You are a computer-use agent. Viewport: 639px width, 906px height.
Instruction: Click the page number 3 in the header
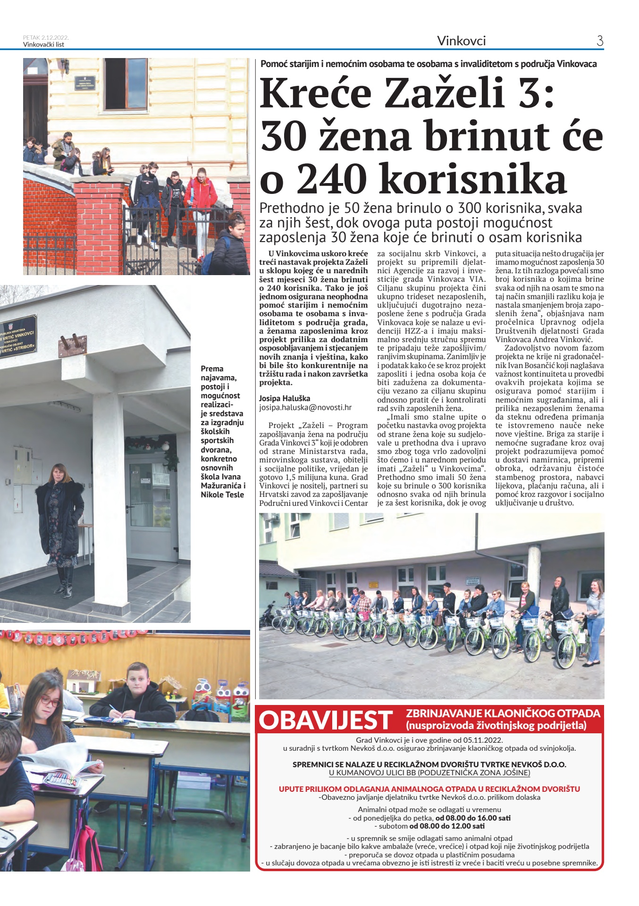click(x=600, y=41)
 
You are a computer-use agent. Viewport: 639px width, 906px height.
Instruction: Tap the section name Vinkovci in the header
click(x=461, y=41)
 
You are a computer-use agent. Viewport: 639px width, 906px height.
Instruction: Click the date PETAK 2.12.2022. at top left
click(x=46, y=38)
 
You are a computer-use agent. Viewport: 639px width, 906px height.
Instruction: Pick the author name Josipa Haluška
click(x=285, y=398)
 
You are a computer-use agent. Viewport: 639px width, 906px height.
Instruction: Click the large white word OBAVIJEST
click(x=326, y=720)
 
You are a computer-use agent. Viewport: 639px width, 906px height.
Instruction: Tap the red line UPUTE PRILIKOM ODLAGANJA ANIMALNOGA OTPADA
click(x=429, y=789)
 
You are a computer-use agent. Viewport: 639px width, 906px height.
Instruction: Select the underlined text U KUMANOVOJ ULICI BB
click(x=429, y=773)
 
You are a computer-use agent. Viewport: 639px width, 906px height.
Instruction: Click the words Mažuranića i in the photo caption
click(x=223, y=486)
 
